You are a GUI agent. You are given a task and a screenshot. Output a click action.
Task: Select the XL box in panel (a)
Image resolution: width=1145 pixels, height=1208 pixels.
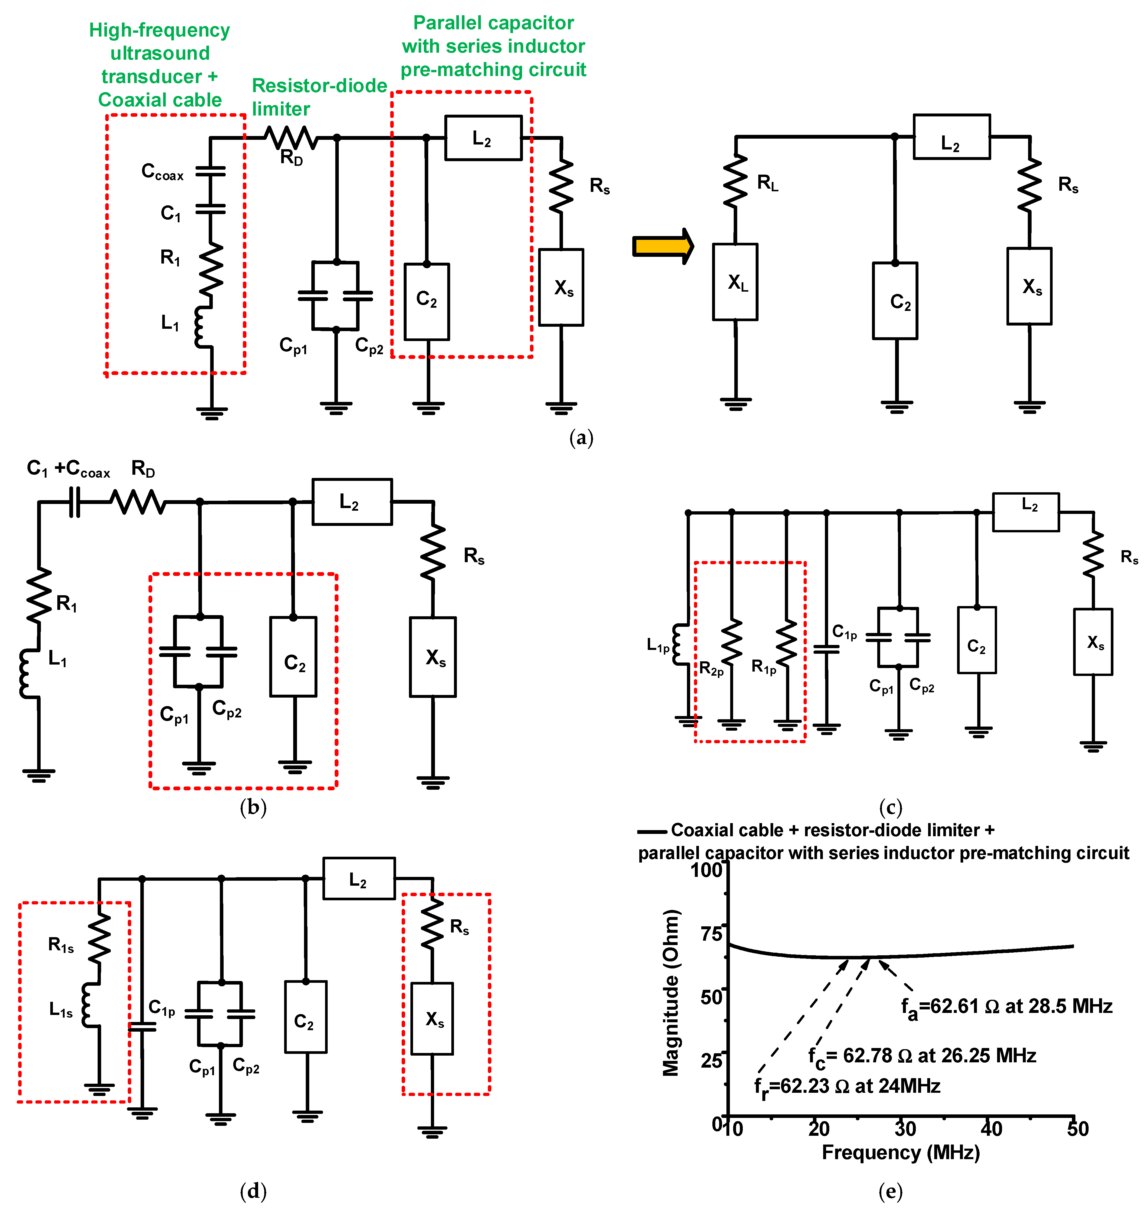(x=735, y=282)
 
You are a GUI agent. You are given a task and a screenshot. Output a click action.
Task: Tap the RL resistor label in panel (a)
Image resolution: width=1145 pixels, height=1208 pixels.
(x=767, y=183)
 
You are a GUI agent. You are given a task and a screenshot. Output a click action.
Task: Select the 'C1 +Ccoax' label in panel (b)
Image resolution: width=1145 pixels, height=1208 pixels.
(x=68, y=469)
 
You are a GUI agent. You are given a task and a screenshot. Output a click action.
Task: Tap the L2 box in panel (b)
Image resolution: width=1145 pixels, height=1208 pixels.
(x=352, y=502)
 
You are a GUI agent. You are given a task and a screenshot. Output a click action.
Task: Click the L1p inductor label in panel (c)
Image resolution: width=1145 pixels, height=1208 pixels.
(x=658, y=645)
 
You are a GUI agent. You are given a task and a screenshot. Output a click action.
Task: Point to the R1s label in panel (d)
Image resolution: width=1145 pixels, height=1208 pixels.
(x=61, y=945)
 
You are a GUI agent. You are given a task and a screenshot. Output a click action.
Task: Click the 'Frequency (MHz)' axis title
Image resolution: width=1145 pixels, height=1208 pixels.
(x=900, y=1152)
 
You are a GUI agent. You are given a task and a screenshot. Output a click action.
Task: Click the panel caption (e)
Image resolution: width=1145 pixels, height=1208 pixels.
(x=890, y=1191)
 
